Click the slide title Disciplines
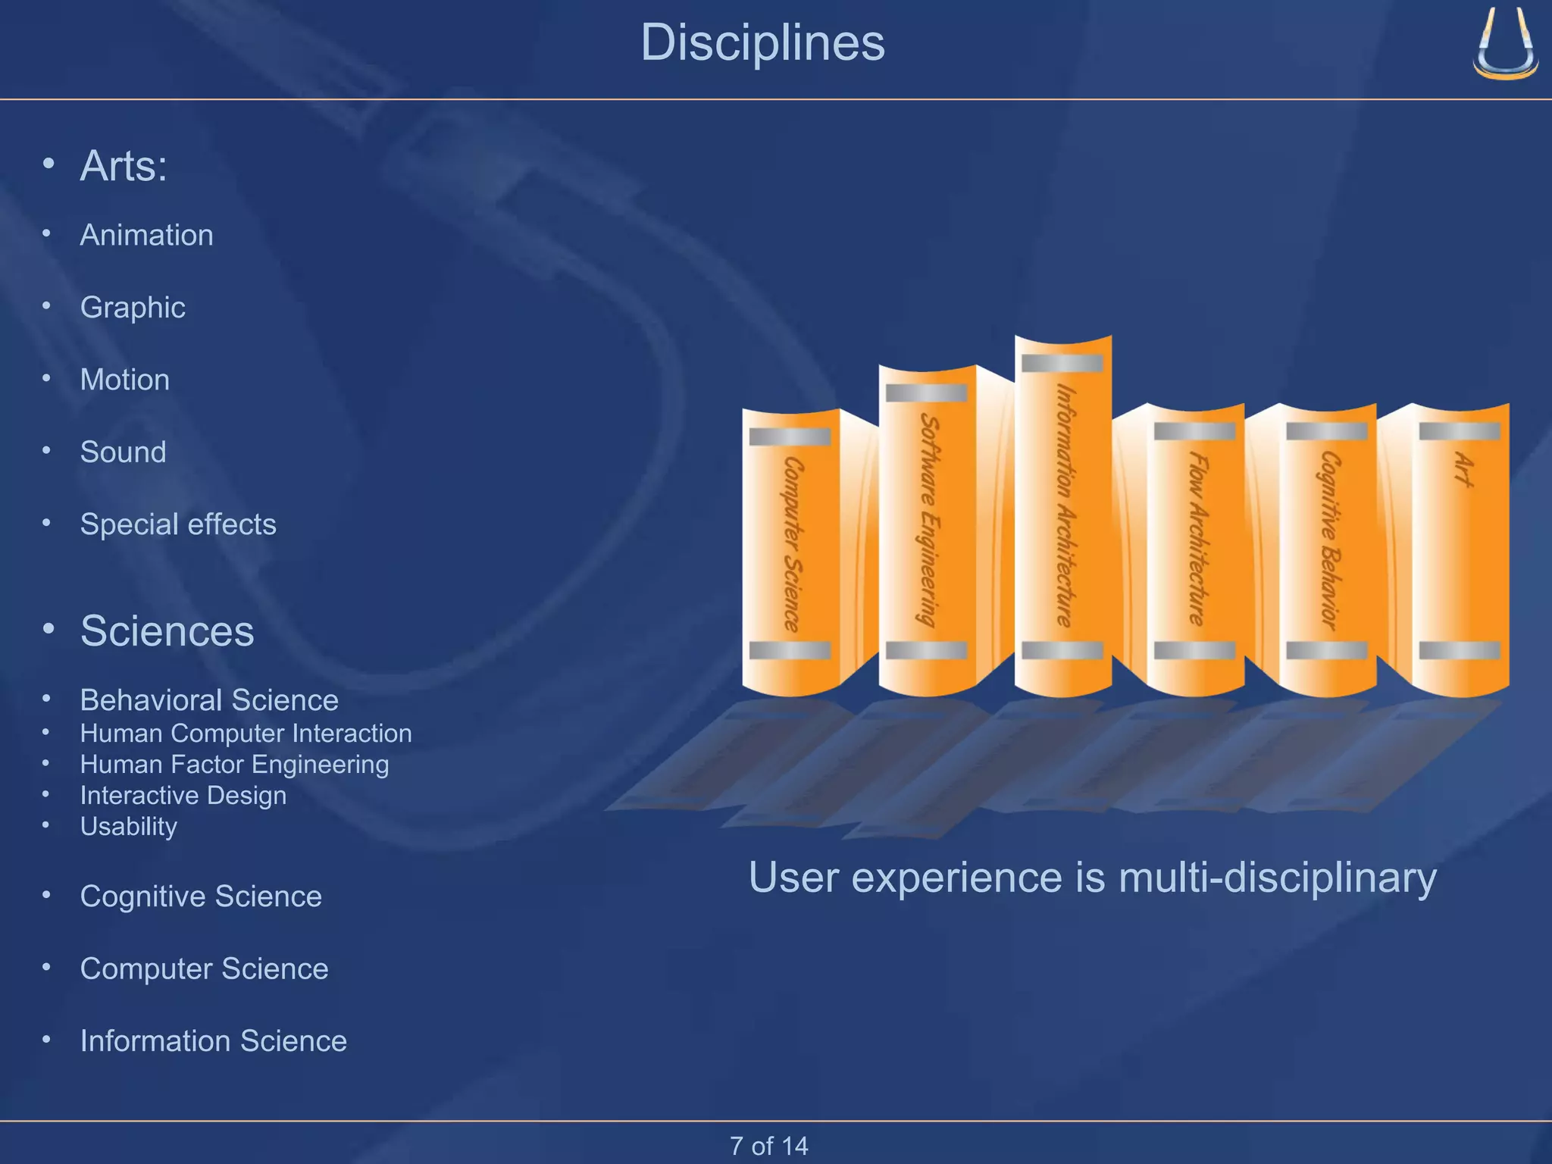[762, 42]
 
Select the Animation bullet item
[146, 235]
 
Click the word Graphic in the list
[133, 308]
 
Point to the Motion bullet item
[125, 380]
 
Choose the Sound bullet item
[123, 452]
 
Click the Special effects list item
[178, 524]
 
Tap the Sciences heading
[167, 631]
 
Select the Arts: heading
[124, 166]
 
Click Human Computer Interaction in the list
[246, 734]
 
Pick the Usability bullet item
[129, 826]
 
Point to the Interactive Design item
[183, 795]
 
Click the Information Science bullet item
[213, 1041]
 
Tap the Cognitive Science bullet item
[201, 896]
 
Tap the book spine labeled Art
[1461, 546]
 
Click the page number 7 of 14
[768, 1146]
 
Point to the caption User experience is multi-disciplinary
[1092, 878]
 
